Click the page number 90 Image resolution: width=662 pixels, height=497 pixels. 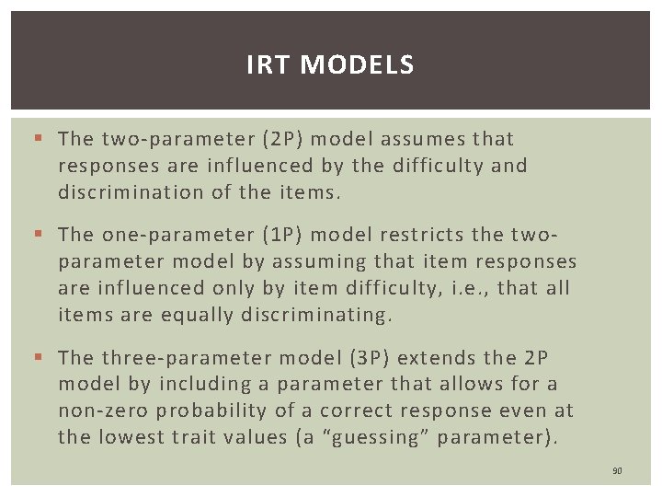pos(617,471)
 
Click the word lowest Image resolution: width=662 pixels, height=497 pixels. pos(133,437)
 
